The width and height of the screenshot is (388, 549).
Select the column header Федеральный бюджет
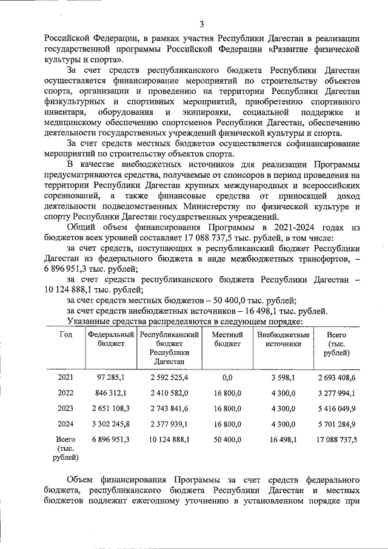(x=110, y=339)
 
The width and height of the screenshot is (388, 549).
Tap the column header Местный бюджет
(x=228, y=339)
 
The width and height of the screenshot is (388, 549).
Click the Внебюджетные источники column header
(x=283, y=339)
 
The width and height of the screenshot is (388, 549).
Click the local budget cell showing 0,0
(x=228, y=377)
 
